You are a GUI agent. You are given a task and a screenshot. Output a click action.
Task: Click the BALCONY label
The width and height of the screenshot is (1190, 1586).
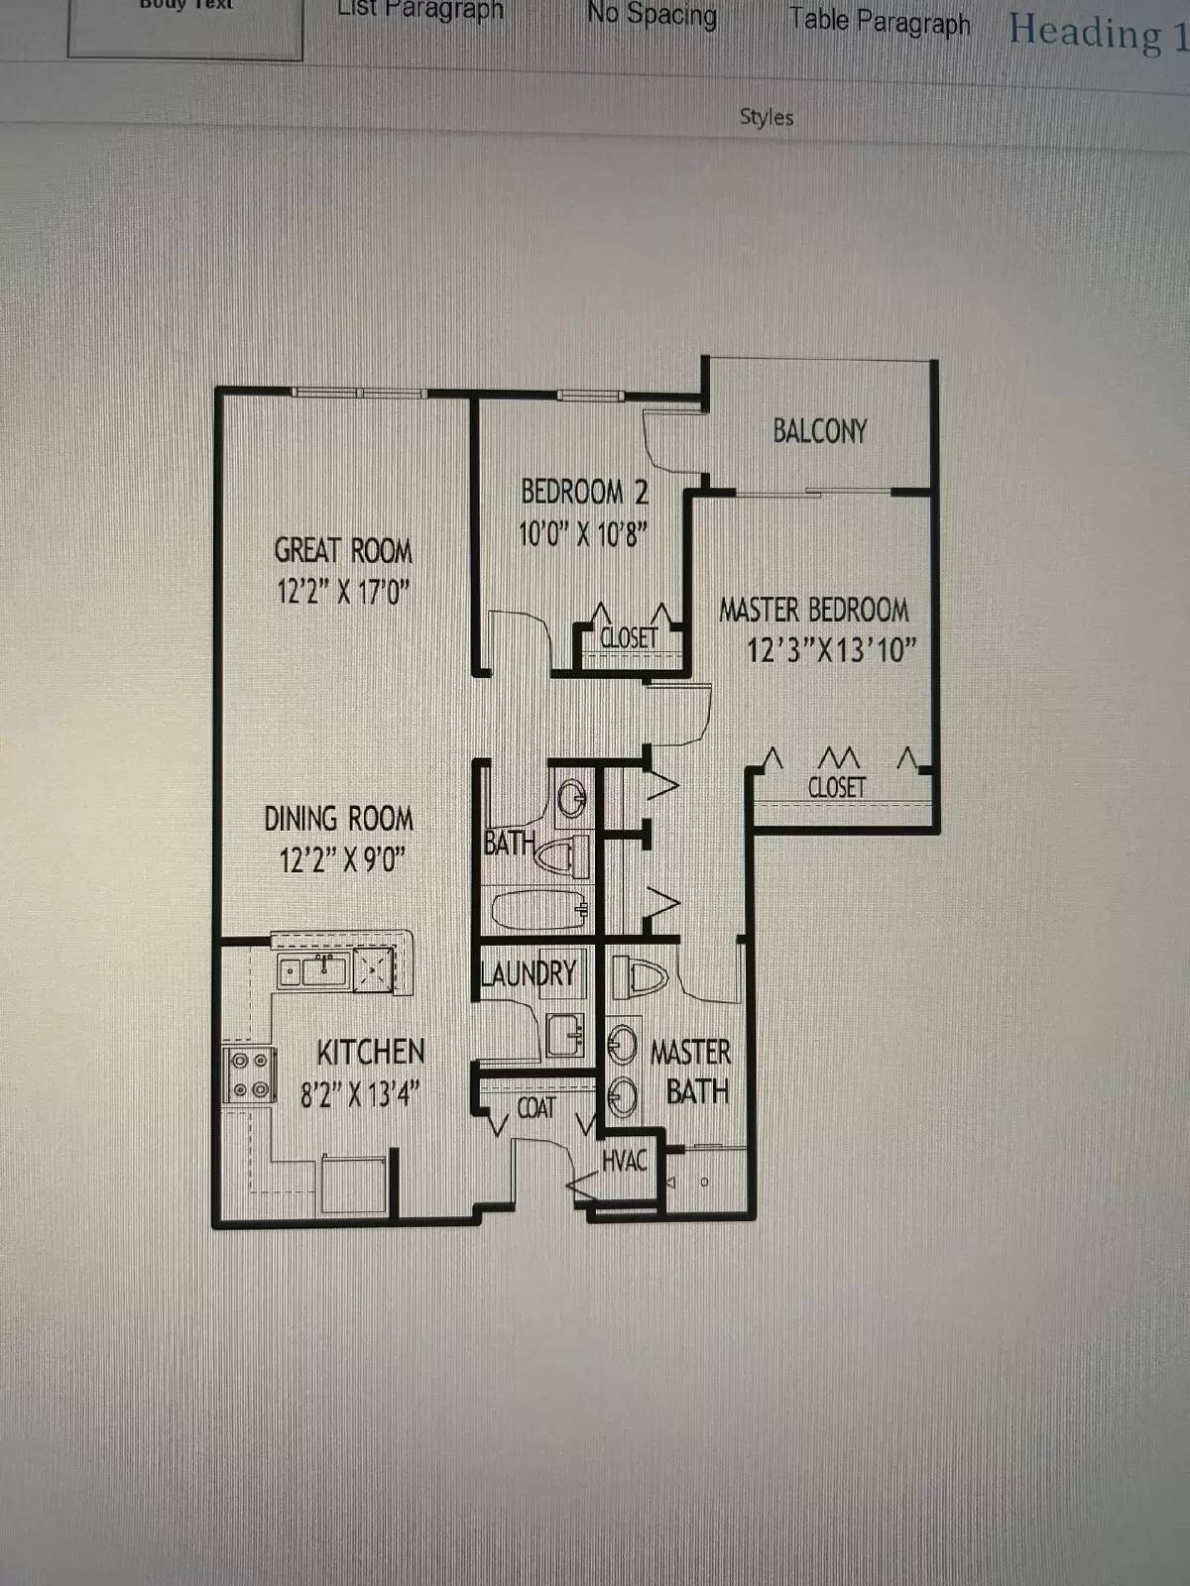pos(819,431)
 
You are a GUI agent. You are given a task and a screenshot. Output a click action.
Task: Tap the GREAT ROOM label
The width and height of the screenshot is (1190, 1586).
pos(343,551)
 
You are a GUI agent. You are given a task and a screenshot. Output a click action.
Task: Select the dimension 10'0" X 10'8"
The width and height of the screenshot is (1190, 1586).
pos(583,535)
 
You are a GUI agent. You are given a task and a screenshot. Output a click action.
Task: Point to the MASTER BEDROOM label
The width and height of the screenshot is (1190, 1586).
pos(813,610)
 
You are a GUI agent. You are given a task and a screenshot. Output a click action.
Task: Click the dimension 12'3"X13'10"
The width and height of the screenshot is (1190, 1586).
pos(831,650)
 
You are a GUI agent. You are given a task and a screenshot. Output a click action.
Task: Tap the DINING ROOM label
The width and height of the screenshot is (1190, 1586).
pos(338,819)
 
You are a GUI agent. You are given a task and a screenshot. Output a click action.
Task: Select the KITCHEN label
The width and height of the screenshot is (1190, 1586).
pos(370,1052)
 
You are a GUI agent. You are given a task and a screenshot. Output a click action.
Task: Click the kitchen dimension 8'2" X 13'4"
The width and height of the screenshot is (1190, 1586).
pos(360,1094)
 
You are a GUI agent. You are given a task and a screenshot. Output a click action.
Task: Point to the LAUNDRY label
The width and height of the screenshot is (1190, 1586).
pos(528,973)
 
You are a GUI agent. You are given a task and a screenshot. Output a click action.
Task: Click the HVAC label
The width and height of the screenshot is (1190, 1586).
pos(625,1160)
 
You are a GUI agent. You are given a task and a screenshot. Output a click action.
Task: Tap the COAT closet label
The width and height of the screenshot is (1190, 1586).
pos(536,1107)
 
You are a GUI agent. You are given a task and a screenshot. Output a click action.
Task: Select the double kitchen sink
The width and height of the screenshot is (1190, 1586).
pos(312,970)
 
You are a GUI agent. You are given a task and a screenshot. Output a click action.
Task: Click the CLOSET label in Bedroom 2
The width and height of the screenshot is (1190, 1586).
pos(629,638)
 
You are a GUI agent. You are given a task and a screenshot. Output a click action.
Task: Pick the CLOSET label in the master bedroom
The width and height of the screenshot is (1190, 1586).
pos(836,788)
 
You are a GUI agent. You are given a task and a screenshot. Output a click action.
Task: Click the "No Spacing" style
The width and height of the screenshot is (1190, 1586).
pos(652,16)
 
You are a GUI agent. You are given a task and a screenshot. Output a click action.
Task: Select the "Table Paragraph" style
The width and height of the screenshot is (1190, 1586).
pos(880,21)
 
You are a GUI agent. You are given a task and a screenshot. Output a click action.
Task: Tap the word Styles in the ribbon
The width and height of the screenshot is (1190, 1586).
pos(767,117)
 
